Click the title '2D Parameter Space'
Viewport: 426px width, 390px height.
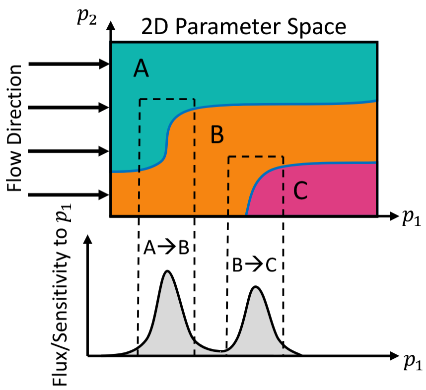tap(244, 27)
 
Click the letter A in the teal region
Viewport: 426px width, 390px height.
tap(141, 68)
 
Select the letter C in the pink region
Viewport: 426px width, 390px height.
tap(300, 191)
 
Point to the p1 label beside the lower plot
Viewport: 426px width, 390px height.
tap(413, 362)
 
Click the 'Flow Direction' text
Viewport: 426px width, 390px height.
tap(14, 128)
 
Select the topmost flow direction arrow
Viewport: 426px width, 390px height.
tap(69, 64)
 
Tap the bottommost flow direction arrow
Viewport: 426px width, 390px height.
tap(68, 195)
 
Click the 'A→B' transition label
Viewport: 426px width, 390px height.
tap(166, 248)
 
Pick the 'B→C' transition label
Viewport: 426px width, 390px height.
tap(254, 265)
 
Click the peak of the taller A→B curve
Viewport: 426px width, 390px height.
tap(167, 271)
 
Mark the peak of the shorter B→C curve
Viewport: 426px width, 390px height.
tap(255, 286)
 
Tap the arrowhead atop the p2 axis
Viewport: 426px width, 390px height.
tap(110, 25)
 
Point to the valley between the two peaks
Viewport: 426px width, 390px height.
tap(222, 351)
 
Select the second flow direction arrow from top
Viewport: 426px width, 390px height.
tap(69, 108)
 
